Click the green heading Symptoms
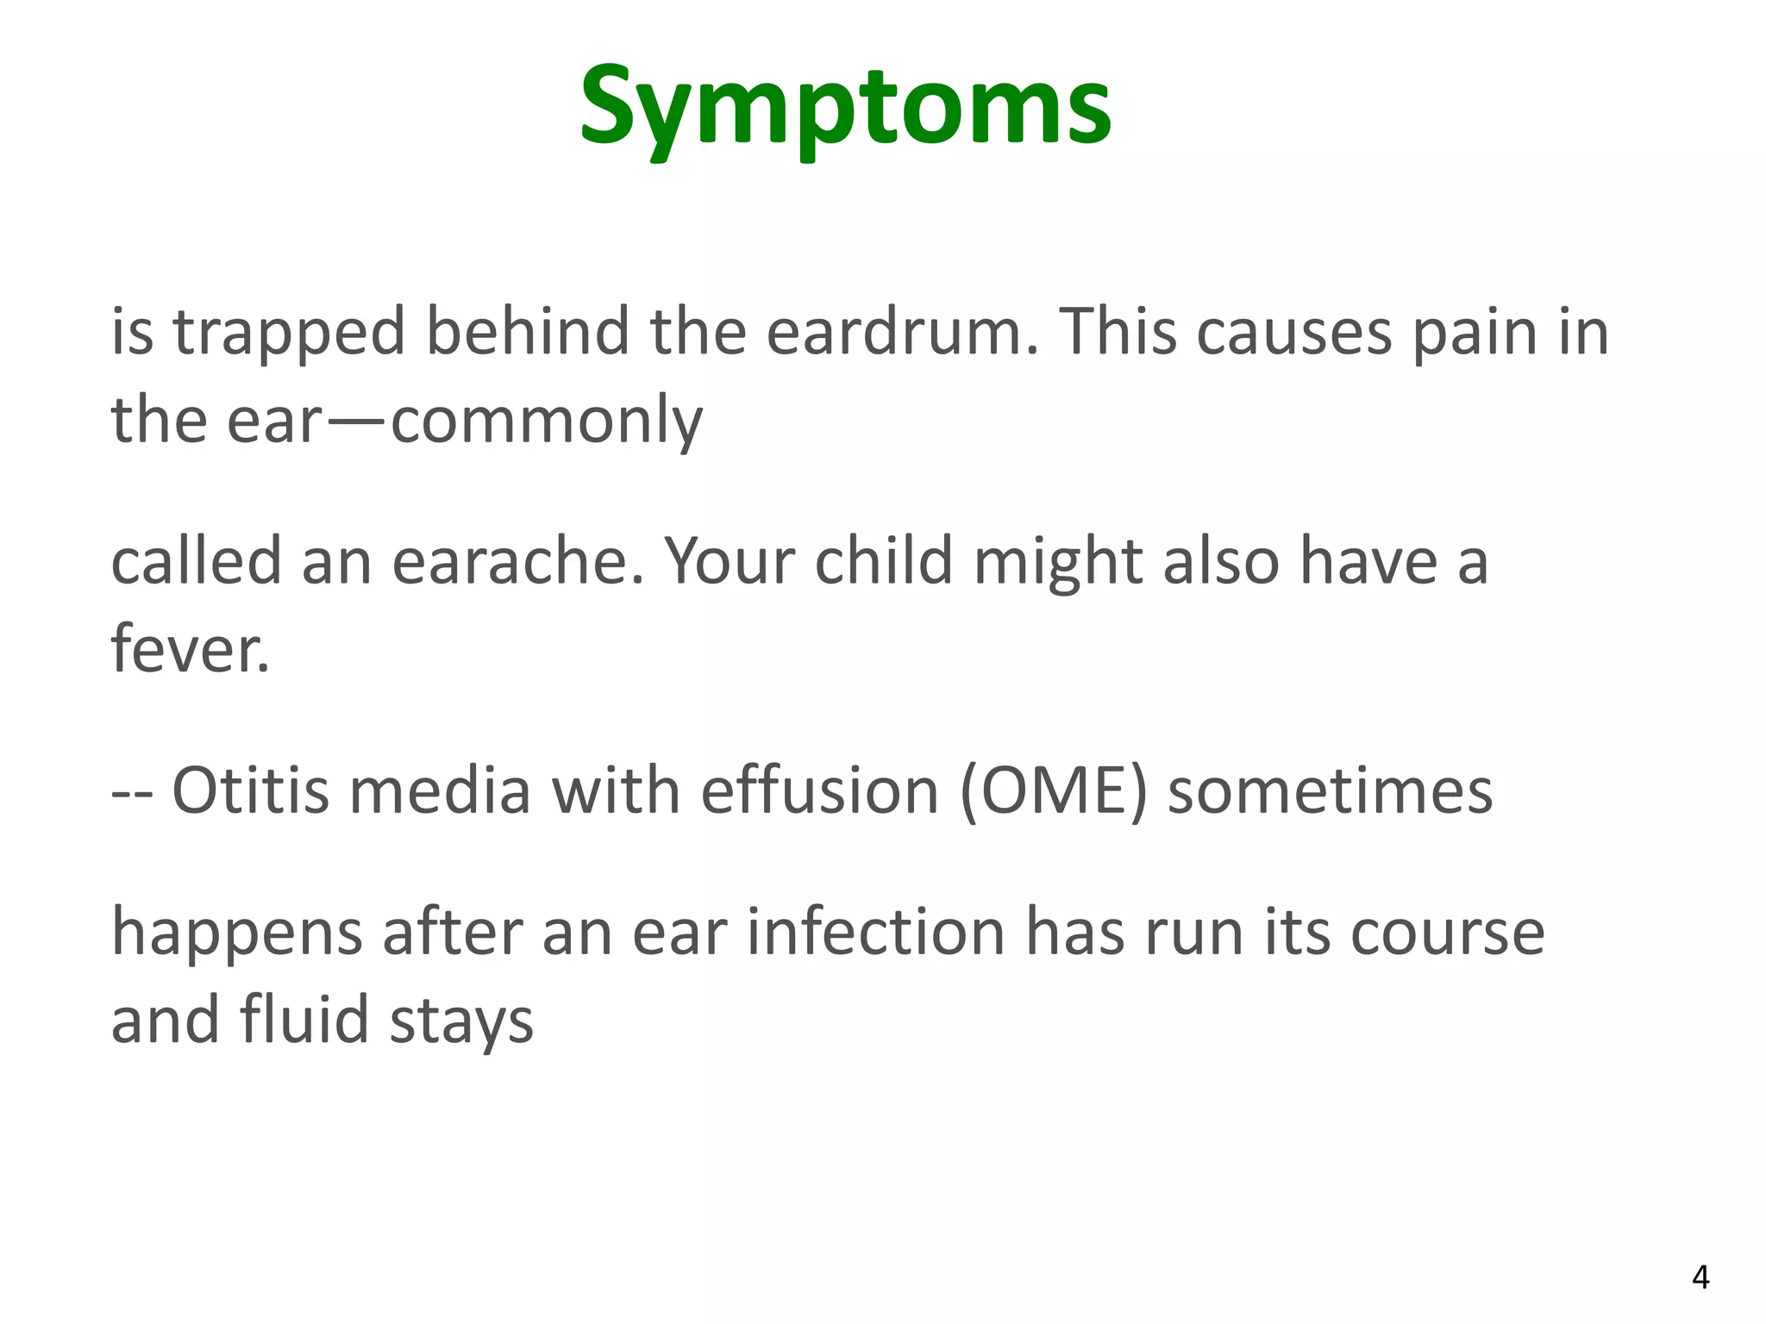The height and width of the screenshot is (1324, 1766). (845, 108)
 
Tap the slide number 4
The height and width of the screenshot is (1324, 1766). (1700, 1277)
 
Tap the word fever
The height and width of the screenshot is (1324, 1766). (190, 648)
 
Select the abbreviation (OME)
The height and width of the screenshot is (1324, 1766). (1053, 790)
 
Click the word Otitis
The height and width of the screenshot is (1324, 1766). (250, 790)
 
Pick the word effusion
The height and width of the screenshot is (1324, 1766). (819, 790)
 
